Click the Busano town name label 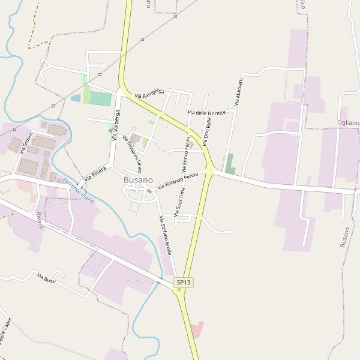[x=138, y=180]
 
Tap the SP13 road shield [x=184, y=282]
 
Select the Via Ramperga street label [x=149, y=92]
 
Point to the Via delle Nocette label [x=206, y=112]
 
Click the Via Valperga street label [x=116, y=124]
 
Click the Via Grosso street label [x=26, y=143]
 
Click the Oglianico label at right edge [x=348, y=122]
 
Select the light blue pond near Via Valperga [x=76, y=98]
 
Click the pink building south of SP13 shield [x=196, y=329]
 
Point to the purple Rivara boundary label [x=40, y=220]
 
